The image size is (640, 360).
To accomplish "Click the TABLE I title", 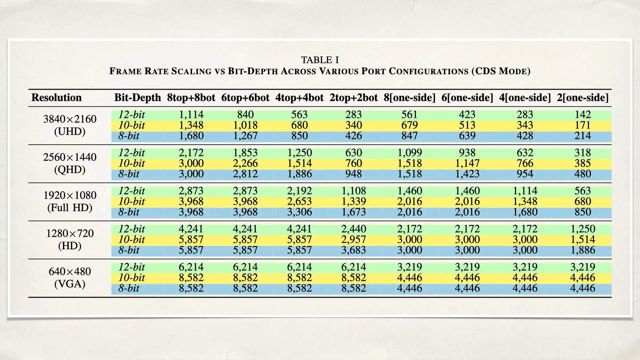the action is click(320, 60).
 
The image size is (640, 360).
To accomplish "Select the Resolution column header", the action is click(56, 98).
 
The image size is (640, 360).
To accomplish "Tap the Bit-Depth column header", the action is click(137, 98).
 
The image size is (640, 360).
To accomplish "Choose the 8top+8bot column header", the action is click(191, 98).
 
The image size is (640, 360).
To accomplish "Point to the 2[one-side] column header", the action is click(583, 98).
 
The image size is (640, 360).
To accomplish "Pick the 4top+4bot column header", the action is click(299, 98).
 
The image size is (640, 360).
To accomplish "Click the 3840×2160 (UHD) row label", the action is click(70, 125).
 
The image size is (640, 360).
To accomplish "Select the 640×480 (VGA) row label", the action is click(70, 278).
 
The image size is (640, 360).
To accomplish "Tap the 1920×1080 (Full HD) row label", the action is click(70, 201).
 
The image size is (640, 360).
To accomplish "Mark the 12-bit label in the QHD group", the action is click(132, 153).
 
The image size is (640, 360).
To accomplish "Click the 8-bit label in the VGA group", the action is click(129, 288).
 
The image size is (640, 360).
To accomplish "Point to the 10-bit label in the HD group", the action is click(132, 239).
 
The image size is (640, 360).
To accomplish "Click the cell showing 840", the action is click(245, 115).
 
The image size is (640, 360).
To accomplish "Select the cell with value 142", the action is click(583, 115).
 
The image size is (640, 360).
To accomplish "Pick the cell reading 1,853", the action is click(245, 153).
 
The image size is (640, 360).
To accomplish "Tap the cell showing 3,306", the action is click(299, 212).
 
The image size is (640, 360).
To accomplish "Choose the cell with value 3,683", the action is click(354, 250).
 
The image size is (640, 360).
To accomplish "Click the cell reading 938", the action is click(467, 153).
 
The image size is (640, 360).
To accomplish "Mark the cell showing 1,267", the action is click(245, 136).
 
